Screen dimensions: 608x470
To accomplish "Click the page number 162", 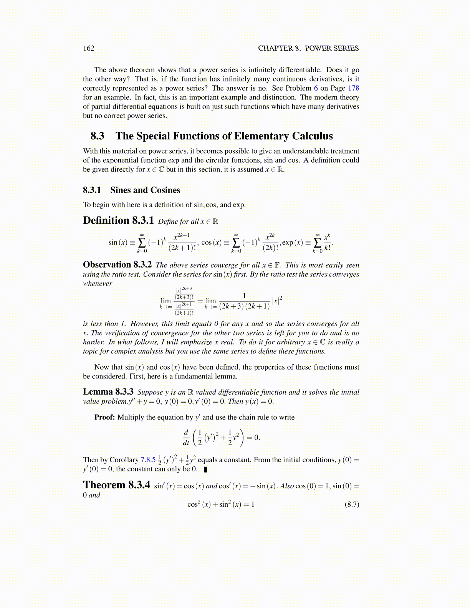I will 89,48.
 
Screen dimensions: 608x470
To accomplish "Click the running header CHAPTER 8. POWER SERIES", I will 308,48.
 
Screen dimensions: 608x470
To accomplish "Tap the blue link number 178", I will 354,88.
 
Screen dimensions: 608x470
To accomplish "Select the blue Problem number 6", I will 316,88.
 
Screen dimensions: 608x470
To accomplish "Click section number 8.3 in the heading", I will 98,136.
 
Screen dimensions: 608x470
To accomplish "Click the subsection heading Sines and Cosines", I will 145,190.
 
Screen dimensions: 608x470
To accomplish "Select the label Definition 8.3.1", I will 118,221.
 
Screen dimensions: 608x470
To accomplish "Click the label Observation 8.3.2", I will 118,265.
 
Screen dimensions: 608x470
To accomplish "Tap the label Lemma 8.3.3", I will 108,392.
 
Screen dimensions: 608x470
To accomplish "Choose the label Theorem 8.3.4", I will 116,485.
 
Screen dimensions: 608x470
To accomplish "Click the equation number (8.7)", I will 352,504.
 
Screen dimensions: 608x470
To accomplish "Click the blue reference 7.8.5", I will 148,460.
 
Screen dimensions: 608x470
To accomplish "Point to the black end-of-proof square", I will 205,469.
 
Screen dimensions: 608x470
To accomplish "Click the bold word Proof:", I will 105,417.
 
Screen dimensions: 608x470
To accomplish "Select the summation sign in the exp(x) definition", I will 318,243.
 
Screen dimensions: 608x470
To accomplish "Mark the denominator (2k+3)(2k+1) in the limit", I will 244,306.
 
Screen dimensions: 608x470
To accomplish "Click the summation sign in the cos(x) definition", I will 236,243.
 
